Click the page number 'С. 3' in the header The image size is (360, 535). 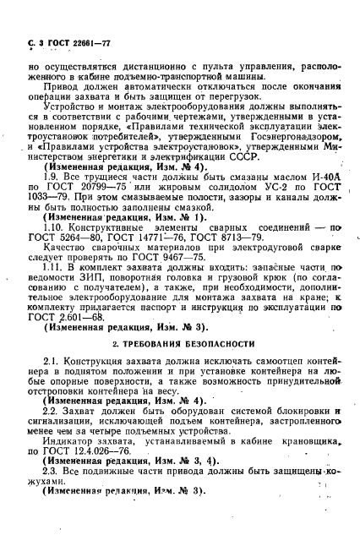[x=35, y=42]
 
